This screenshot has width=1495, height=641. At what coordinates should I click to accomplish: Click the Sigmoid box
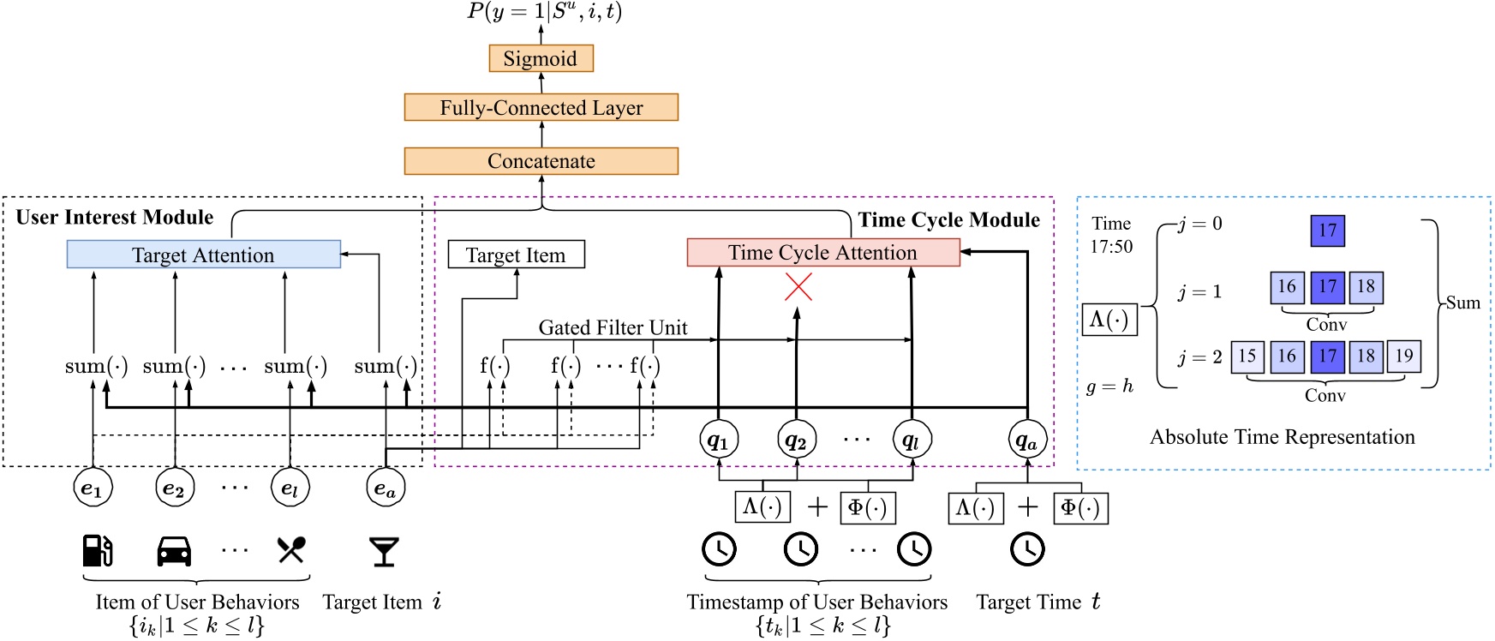(x=541, y=58)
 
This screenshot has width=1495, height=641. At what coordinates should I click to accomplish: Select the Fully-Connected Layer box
(x=541, y=107)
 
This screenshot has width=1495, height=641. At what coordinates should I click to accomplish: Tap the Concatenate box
(x=541, y=161)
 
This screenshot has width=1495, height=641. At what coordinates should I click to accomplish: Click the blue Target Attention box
(x=204, y=255)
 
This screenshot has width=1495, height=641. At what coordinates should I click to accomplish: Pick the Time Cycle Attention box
(x=823, y=252)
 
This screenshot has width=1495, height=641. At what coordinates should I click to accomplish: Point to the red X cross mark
(x=798, y=288)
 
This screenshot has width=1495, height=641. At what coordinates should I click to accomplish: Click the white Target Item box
(x=517, y=255)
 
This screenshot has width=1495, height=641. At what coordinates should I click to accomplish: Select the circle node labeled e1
(x=93, y=488)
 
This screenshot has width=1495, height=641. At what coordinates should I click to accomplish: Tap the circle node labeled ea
(x=386, y=488)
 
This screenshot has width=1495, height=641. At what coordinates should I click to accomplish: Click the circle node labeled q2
(x=797, y=440)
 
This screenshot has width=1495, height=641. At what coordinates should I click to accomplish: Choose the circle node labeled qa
(x=1027, y=440)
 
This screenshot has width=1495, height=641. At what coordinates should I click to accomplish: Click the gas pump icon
(x=98, y=550)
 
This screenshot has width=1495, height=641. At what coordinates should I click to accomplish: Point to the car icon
(x=174, y=551)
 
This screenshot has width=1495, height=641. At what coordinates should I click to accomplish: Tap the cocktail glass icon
(x=384, y=552)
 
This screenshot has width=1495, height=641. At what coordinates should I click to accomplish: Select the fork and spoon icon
(x=291, y=550)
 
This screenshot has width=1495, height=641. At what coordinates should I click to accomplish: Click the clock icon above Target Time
(x=1027, y=549)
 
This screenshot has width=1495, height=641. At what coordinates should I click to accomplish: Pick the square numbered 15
(x=1247, y=356)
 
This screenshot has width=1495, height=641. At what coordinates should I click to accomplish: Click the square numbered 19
(x=1404, y=356)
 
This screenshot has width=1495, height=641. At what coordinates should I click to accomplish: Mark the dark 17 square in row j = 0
(x=1328, y=231)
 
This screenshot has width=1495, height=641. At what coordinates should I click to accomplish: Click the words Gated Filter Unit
(x=613, y=327)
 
